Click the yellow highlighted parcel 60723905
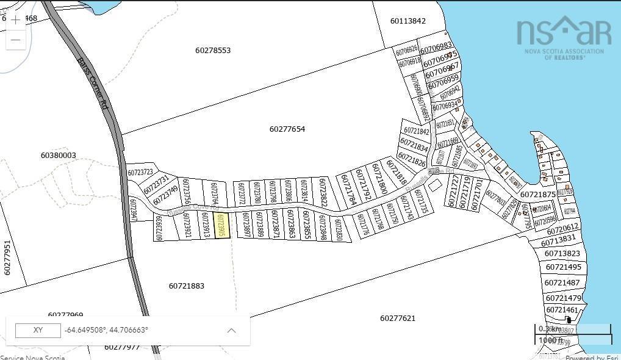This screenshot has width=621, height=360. pyautogui.click(x=223, y=225)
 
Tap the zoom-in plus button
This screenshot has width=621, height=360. pyautogui.click(x=16, y=20)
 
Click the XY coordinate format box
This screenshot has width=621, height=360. pyautogui.click(x=38, y=330)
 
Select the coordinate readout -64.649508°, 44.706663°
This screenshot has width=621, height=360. pyautogui.click(x=106, y=330)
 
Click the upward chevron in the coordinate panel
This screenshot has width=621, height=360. pyautogui.click(x=231, y=330)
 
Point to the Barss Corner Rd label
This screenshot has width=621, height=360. pyautogui.click(x=93, y=84)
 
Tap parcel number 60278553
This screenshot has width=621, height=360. pyautogui.click(x=213, y=51)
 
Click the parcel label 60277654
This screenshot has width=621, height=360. pyautogui.click(x=287, y=129)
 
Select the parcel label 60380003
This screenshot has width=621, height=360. pyautogui.click(x=59, y=156)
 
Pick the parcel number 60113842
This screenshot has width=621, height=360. pyautogui.click(x=408, y=21)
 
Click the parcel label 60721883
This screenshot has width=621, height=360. pyautogui.click(x=187, y=286)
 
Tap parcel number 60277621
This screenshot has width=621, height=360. pyautogui.click(x=397, y=319)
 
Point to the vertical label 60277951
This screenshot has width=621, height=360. pyautogui.click(x=7, y=257)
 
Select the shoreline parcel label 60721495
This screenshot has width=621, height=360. pyautogui.click(x=563, y=267)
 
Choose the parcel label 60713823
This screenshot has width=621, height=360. pyautogui.click(x=562, y=254)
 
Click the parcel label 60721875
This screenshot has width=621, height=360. pyautogui.click(x=538, y=195)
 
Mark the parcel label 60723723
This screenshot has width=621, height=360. pyautogui.click(x=140, y=173)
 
